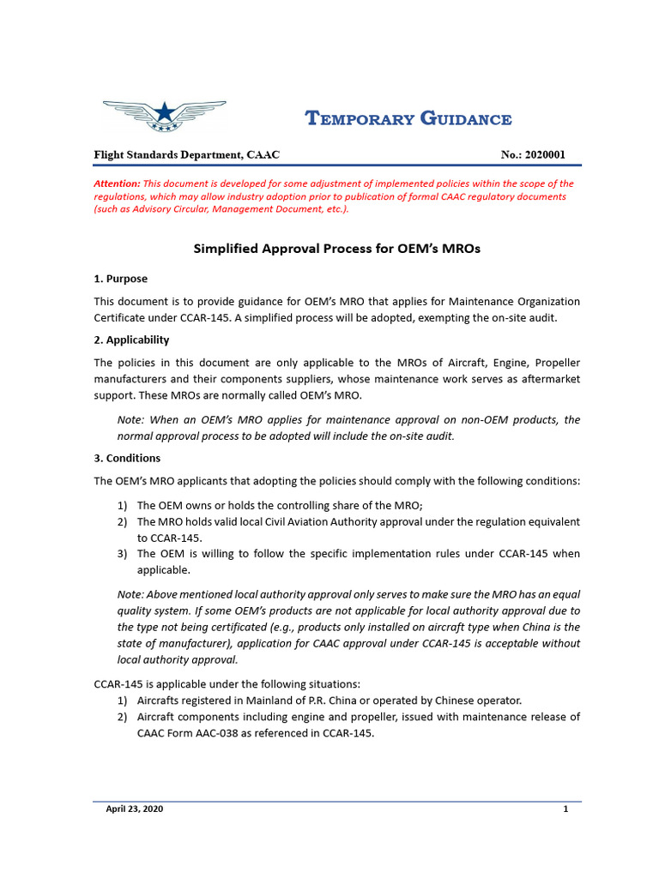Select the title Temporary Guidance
point(409,119)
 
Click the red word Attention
point(117,183)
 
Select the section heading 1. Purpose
point(120,279)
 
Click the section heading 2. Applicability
point(131,340)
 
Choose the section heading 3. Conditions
point(127,458)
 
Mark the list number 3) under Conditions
point(122,554)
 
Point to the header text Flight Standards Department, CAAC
point(186,155)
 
